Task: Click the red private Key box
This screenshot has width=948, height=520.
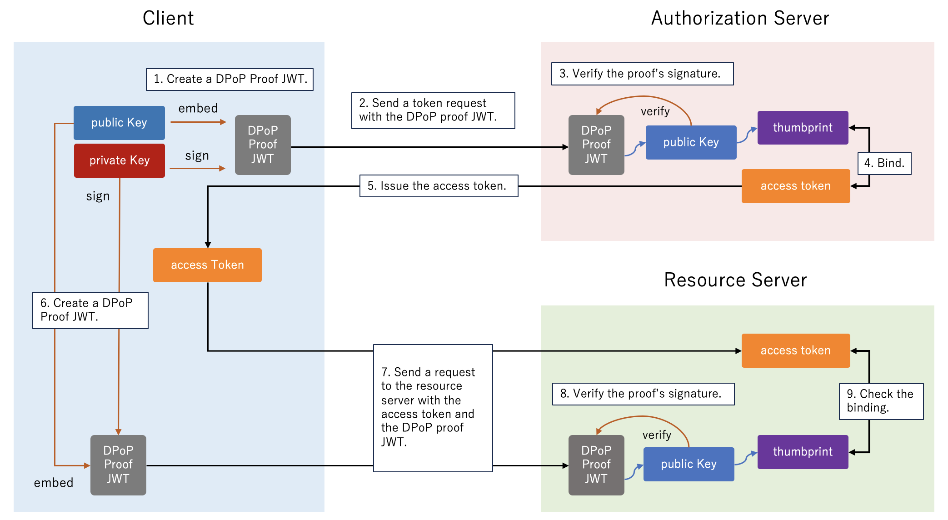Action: tap(120, 160)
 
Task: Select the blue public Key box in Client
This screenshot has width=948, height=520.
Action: tap(119, 123)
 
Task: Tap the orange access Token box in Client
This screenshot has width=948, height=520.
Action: tap(207, 265)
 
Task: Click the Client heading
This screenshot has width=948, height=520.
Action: tap(168, 18)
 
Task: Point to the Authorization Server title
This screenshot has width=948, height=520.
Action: tap(740, 18)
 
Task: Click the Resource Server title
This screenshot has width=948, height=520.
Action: tap(735, 280)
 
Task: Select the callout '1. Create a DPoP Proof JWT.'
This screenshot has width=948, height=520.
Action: tap(230, 79)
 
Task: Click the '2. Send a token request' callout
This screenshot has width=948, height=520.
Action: tap(433, 110)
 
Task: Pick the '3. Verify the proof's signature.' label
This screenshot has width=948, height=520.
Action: tap(642, 74)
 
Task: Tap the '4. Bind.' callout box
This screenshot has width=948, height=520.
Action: tap(884, 163)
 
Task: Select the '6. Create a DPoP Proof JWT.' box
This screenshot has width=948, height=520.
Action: tap(90, 310)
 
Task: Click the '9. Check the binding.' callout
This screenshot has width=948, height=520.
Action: tap(881, 401)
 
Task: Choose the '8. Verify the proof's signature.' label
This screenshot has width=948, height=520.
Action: tap(643, 394)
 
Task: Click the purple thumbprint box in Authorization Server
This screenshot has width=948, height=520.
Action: tap(803, 128)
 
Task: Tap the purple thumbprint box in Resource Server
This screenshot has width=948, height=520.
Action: tap(803, 452)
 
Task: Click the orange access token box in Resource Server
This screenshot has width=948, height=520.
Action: tap(795, 350)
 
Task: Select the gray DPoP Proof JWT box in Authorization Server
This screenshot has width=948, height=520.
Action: tap(596, 145)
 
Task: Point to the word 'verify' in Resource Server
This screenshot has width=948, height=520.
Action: tap(657, 435)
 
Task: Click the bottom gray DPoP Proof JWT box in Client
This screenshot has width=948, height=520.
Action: tap(118, 465)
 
